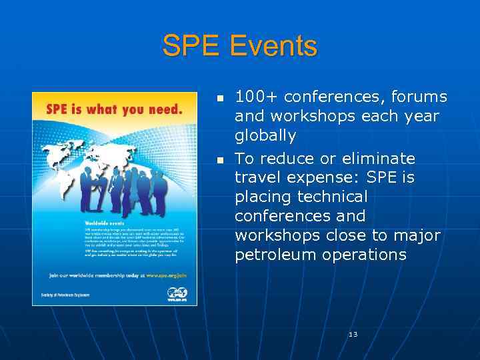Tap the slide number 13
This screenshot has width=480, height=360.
[353, 334]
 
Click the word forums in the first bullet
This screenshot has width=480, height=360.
[420, 97]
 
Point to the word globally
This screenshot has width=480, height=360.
[265, 136]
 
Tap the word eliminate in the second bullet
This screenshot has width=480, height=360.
[378, 159]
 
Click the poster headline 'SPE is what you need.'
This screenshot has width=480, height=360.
[114, 109]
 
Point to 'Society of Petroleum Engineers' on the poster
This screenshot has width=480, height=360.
[64, 293]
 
